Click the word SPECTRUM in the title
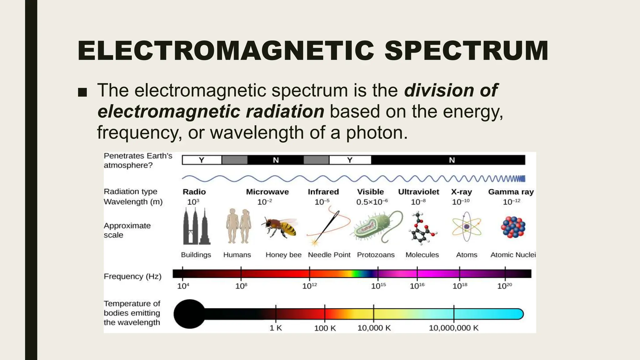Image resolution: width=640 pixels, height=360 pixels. (x=466, y=51)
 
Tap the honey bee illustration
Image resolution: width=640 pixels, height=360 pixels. (x=280, y=227)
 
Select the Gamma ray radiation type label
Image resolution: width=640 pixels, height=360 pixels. (x=511, y=192)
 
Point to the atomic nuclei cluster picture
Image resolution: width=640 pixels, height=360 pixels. (x=513, y=227)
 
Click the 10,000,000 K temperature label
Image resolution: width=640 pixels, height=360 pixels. (x=453, y=328)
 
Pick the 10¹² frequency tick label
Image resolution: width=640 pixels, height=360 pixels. (x=309, y=286)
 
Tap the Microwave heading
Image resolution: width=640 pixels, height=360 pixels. (x=267, y=192)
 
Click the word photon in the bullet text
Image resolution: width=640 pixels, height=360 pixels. (x=377, y=132)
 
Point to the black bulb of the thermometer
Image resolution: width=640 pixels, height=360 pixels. (x=189, y=314)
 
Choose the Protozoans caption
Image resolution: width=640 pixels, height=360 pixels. (x=376, y=255)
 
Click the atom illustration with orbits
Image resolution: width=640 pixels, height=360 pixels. (x=466, y=227)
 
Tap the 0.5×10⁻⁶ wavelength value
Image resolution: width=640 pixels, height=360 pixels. (x=372, y=202)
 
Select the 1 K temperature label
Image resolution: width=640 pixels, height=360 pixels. (x=276, y=328)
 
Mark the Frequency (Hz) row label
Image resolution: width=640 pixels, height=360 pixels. (x=132, y=276)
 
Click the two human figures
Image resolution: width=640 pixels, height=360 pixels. (x=238, y=226)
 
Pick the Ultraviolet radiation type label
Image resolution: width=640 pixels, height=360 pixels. (x=418, y=192)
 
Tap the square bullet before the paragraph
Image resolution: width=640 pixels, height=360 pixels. (x=82, y=92)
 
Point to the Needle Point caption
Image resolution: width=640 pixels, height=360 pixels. (x=329, y=255)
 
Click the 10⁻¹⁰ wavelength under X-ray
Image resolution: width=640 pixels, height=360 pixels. (x=461, y=202)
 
